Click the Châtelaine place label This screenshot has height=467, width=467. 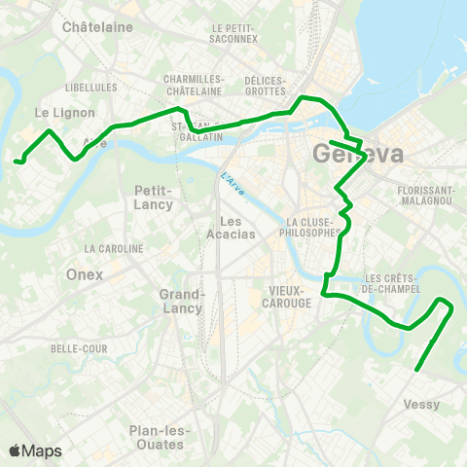tap(96, 27)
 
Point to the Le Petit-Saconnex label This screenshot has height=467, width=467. tap(234, 34)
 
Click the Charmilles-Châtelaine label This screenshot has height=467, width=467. tap(195, 85)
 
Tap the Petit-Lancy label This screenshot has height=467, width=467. tap(154, 197)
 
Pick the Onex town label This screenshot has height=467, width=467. tap(85, 274)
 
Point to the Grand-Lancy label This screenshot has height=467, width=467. tap(181, 301)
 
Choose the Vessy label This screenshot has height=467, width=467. tap(420, 404)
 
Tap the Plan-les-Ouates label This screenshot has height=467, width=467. tap(159, 437)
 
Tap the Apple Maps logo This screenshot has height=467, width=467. tap(35, 450)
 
